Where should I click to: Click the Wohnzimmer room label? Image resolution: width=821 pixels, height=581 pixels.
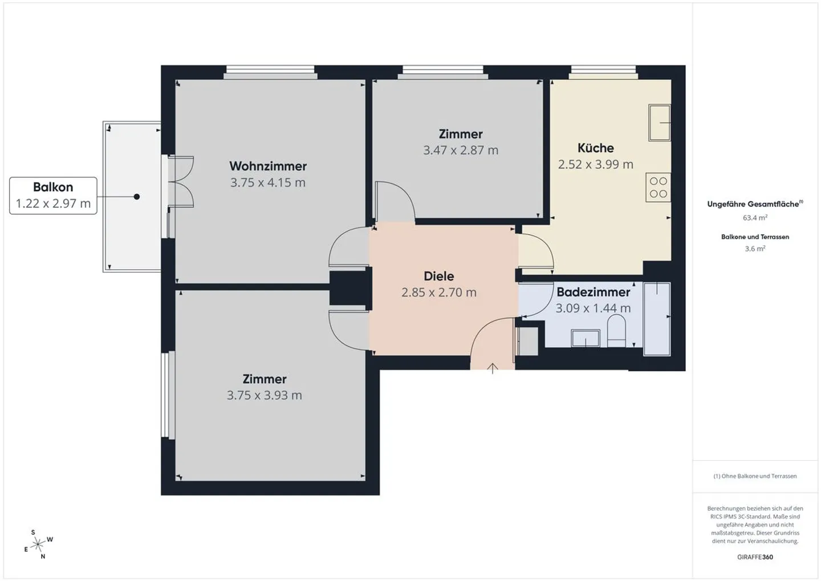click(x=268, y=166)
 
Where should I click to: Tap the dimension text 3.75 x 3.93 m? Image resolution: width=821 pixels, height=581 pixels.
click(x=265, y=395)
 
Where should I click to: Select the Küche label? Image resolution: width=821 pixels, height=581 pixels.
click(x=595, y=148)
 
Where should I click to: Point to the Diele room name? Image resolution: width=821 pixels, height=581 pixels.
click(x=438, y=276)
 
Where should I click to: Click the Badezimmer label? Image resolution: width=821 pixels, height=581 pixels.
click(x=593, y=292)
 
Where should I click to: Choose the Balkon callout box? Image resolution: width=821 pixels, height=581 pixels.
click(x=53, y=196)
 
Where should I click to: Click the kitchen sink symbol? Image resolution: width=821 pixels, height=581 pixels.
click(x=660, y=122)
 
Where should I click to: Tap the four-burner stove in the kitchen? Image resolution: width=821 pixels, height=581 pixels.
click(x=658, y=188)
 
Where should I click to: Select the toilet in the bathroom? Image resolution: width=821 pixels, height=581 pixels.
click(x=616, y=332)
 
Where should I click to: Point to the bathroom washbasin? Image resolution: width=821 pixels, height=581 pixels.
click(x=586, y=338)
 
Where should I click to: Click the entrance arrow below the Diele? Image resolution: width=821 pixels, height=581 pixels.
click(x=493, y=368)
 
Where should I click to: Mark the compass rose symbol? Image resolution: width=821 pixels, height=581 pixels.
click(x=38, y=544)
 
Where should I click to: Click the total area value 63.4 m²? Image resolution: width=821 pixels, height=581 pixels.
click(x=755, y=218)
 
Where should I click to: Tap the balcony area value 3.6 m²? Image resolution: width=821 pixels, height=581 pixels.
click(x=755, y=249)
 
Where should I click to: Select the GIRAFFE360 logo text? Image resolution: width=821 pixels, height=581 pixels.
click(x=755, y=557)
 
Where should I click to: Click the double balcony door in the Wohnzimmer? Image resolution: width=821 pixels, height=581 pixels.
click(x=181, y=181)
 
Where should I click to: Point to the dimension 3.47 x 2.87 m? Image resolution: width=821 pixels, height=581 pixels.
click(x=461, y=150)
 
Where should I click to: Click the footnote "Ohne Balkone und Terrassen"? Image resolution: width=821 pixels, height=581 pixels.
click(x=755, y=476)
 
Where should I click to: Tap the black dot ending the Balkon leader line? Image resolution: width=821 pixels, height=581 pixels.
click(x=137, y=197)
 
